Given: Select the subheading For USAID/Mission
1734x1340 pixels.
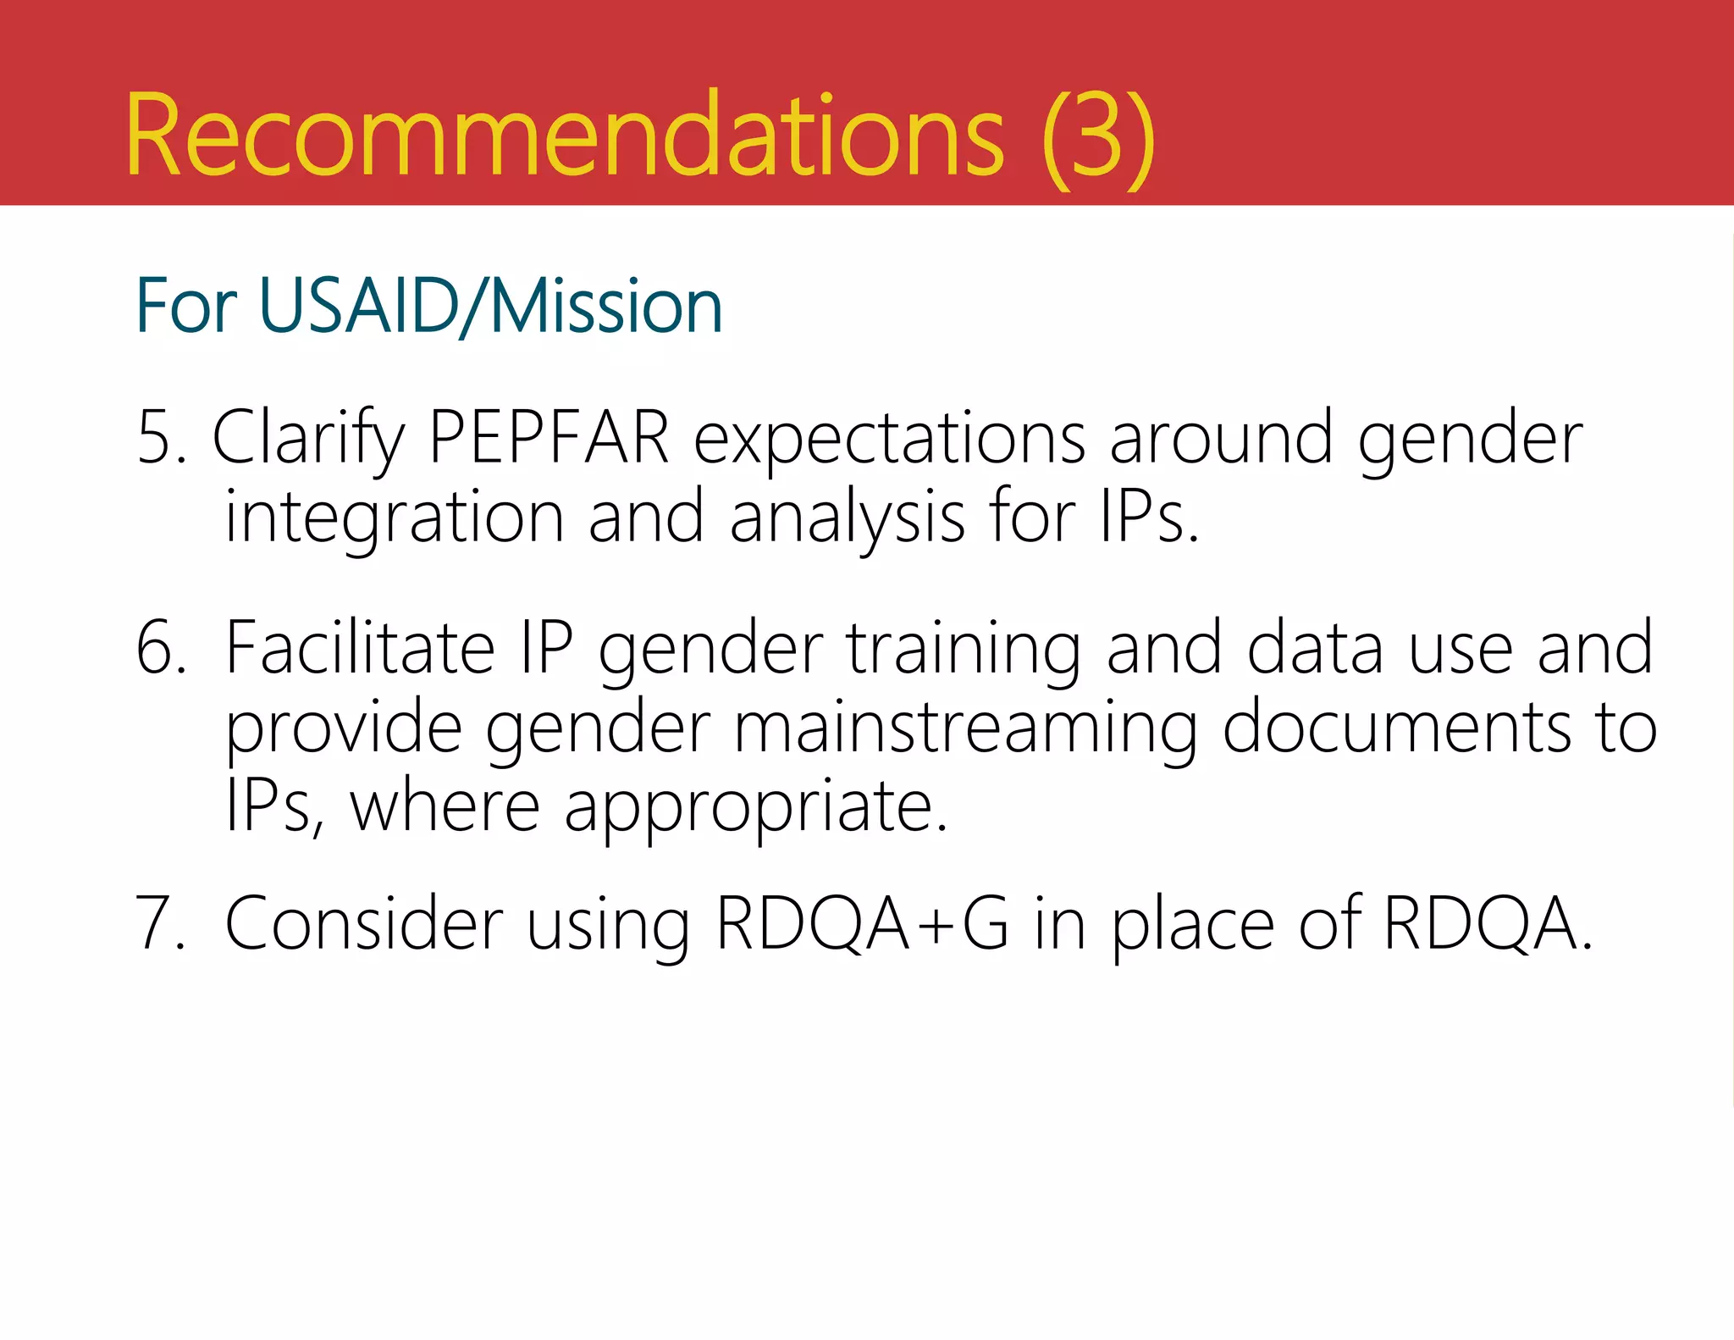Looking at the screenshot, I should pos(428,306).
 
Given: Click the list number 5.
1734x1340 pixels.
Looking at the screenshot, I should pos(160,439).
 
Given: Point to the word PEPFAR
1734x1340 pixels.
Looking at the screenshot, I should pos(549,439).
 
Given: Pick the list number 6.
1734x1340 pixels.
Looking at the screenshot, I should pos(160,649).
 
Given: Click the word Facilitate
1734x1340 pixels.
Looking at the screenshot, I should pos(360,649).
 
